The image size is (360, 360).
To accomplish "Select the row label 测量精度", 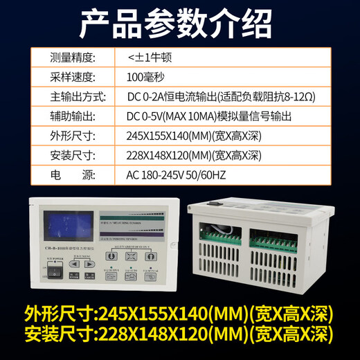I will click(x=74, y=57).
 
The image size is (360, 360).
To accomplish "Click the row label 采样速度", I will click(x=74, y=77).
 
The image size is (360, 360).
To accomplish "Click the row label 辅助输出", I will click(x=74, y=116).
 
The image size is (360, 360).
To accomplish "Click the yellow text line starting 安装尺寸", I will click(x=179, y=337).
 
